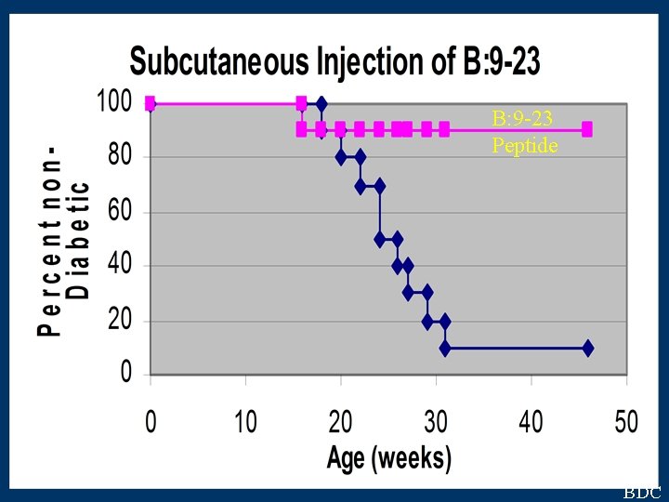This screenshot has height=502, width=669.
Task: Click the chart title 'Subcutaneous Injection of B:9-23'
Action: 334,62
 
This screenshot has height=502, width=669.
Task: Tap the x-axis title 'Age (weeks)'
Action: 388,457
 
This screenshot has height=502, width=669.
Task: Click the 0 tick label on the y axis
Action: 126,375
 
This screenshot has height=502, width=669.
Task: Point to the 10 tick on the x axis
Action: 245,422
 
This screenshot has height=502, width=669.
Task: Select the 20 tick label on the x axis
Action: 340,422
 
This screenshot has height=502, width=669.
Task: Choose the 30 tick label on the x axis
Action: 436,422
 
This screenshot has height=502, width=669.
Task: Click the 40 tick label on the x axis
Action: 531,422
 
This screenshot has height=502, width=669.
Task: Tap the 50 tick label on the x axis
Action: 626,422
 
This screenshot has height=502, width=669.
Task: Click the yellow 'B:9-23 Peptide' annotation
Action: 524,131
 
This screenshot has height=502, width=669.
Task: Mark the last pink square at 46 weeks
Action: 587,129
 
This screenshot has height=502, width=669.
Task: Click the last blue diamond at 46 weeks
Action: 587,348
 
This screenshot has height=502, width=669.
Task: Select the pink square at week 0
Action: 151,103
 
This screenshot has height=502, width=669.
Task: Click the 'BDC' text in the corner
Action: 642,493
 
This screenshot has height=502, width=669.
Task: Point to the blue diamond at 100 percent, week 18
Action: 321,103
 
